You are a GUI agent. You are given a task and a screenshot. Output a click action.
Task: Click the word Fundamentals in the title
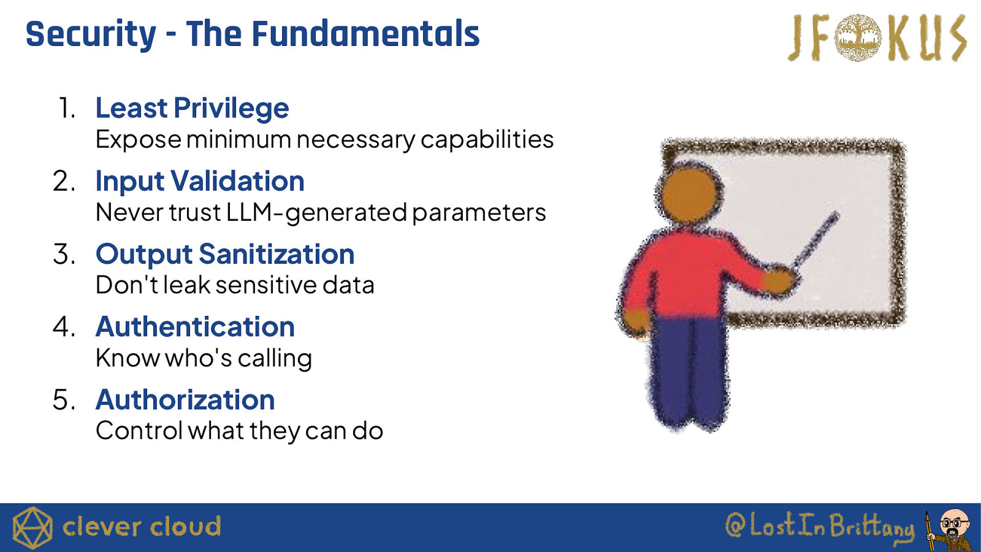click(365, 34)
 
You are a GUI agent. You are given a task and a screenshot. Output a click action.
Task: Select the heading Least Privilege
click(193, 108)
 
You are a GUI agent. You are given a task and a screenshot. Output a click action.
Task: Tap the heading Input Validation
click(200, 181)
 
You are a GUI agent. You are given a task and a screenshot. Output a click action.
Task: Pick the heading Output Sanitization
click(225, 254)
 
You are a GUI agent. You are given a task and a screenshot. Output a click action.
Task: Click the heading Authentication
click(196, 327)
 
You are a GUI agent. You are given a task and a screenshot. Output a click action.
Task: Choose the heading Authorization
click(185, 399)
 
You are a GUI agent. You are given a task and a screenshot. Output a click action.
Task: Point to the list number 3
click(64, 254)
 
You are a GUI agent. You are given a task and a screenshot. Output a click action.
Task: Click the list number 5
click(64, 400)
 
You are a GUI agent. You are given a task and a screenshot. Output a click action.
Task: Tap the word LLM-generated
click(317, 213)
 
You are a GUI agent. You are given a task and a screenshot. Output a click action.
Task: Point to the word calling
click(275, 359)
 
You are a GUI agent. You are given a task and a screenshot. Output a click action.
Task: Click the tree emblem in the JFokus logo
click(858, 37)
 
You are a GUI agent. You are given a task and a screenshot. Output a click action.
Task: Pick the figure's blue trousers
click(687, 372)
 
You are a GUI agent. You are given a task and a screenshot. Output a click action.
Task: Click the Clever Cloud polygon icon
click(32, 527)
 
